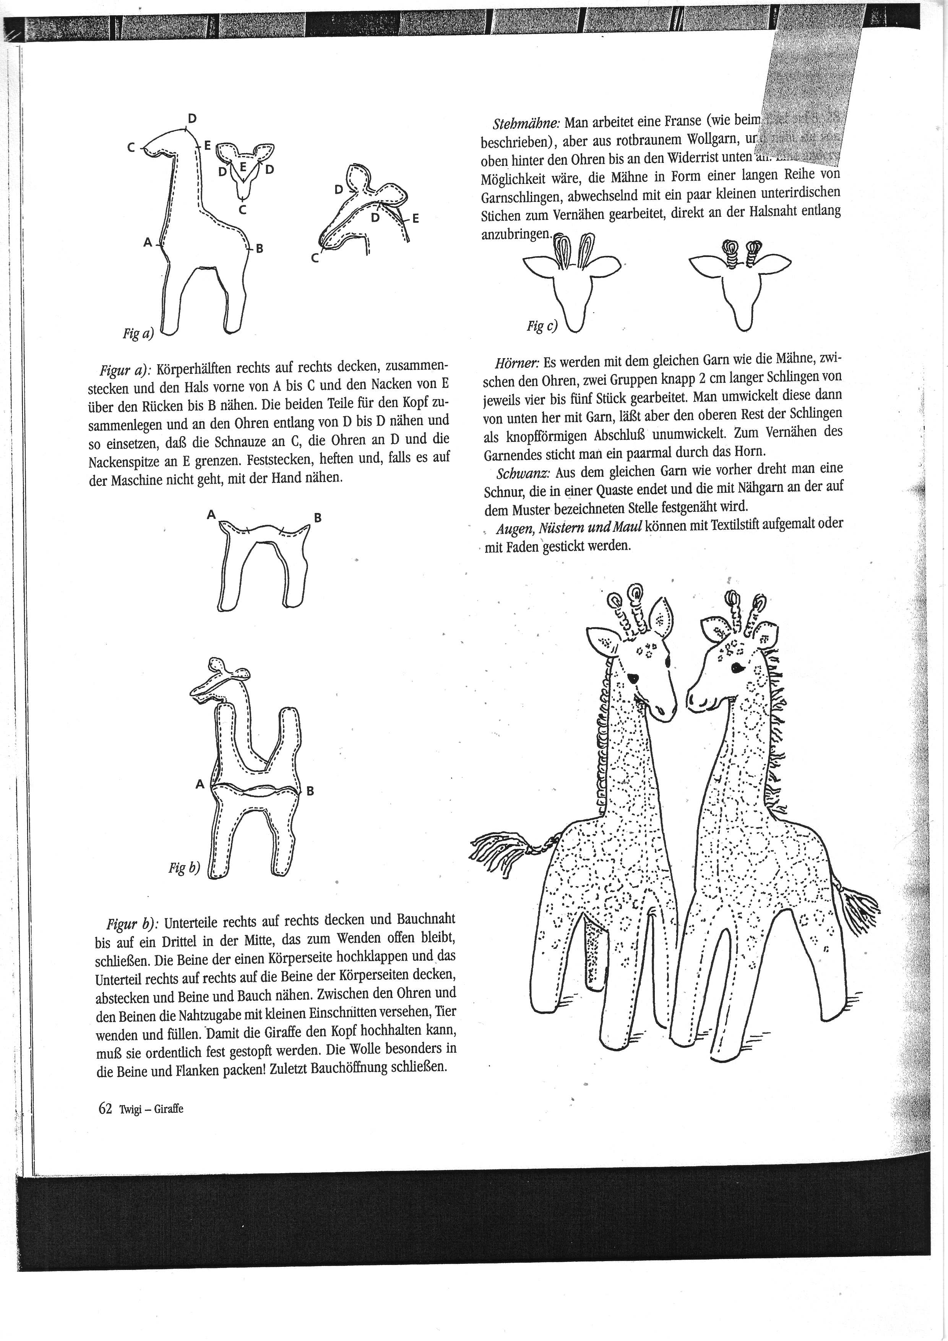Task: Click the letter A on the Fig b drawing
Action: click(x=200, y=785)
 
